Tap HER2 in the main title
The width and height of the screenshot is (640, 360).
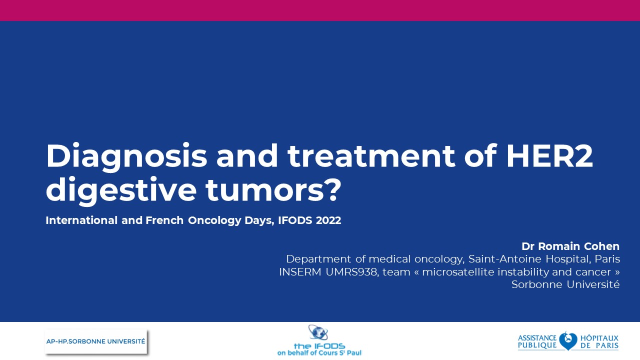click(x=549, y=155)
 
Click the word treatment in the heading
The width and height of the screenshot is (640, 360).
click(x=371, y=155)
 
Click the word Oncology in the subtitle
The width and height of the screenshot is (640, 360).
click(x=214, y=220)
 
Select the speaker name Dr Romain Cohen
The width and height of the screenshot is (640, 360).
click(x=570, y=246)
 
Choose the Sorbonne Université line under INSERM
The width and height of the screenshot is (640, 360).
click(x=565, y=284)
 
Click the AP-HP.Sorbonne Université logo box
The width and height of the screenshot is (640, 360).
click(x=95, y=341)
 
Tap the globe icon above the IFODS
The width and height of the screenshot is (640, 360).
click(x=318, y=333)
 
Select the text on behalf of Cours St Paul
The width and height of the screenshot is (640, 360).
click(x=319, y=353)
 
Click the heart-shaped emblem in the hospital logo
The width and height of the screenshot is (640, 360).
click(x=568, y=341)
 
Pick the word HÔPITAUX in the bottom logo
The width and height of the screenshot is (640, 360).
click(x=599, y=338)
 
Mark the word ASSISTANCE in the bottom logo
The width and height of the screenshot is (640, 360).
click(x=537, y=338)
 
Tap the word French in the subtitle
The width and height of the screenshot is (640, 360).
click(x=164, y=220)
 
